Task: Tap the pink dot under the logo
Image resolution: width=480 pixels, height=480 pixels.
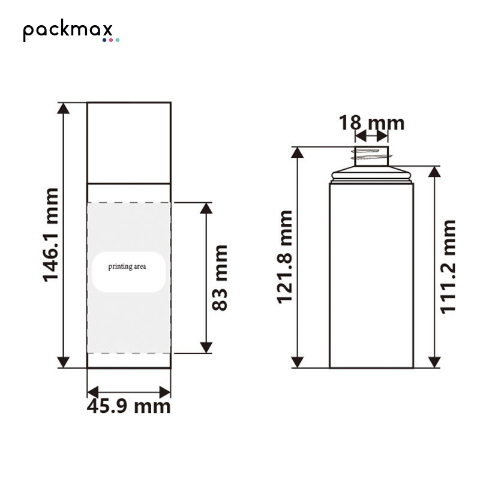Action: tap(111, 40)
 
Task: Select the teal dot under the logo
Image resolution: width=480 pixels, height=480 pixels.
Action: tap(117, 40)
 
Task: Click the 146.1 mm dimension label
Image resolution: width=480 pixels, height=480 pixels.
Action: tap(50, 235)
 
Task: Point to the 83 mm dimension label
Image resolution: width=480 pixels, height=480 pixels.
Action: tap(220, 278)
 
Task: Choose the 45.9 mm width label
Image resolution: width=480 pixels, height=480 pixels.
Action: tap(128, 407)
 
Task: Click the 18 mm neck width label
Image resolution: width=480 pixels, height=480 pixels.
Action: tap(371, 123)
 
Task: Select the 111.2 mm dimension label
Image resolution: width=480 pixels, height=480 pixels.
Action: tap(448, 266)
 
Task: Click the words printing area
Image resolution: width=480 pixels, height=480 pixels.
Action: tap(127, 266)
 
